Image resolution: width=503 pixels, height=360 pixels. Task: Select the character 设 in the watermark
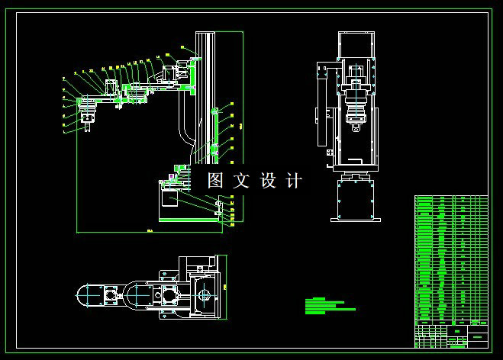tap(268, 181)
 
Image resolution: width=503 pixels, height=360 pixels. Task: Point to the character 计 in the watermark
tap(294, 181)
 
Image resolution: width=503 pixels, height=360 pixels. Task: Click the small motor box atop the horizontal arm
tap(111, 85)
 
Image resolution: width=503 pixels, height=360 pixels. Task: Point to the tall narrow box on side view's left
tap(321, 107)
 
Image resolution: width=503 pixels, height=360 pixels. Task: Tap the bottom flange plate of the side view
tap(355, 220)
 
